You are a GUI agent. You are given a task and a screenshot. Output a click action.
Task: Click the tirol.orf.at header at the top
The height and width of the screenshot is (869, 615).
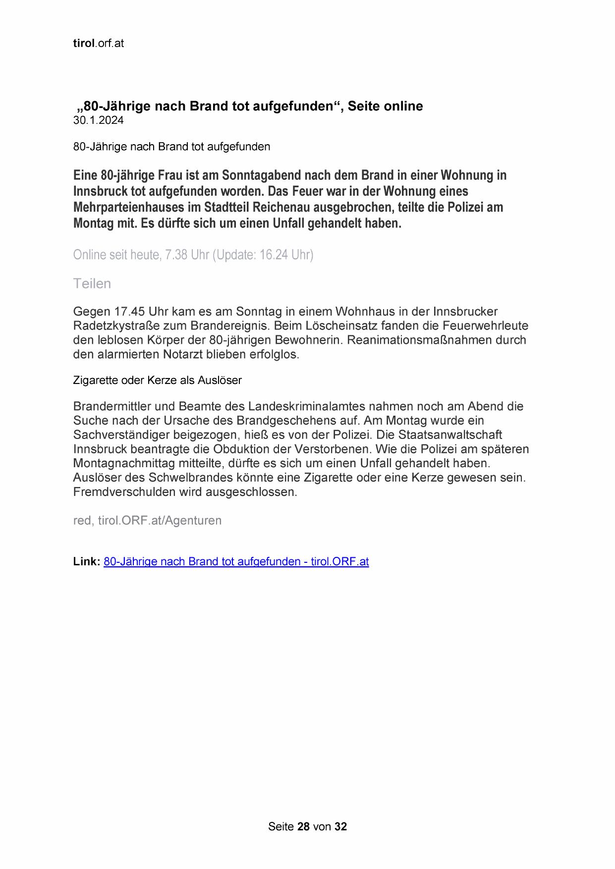98,43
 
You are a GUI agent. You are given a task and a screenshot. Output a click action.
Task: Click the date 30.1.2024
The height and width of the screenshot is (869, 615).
98,120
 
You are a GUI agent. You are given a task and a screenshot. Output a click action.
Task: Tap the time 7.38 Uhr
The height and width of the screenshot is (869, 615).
187,255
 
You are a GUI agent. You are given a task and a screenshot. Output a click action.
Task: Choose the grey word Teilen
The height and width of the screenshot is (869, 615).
92,283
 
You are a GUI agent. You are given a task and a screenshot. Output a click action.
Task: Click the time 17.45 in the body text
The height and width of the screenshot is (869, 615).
129,312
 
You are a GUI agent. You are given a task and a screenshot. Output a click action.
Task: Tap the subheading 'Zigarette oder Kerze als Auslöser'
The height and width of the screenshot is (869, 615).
157,380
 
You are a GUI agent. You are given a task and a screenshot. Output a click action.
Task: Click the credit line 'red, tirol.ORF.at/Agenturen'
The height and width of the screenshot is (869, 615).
147,521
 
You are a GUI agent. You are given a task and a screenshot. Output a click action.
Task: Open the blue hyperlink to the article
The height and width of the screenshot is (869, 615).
236,562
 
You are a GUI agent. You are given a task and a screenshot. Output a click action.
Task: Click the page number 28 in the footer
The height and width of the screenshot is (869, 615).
303,826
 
